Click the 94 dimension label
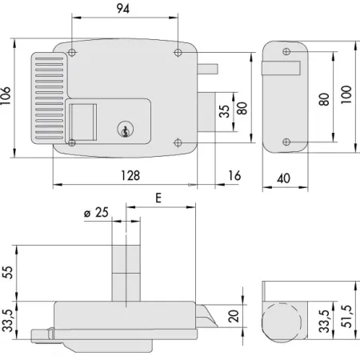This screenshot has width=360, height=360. click(122, 10)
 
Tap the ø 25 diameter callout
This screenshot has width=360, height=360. click(97, 214)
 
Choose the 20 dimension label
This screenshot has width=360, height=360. click(234, 316)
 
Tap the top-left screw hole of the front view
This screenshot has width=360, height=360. click(73, 53)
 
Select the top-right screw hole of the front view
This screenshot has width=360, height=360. click(178, 53)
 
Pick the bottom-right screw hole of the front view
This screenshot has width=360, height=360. click(178, 142)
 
